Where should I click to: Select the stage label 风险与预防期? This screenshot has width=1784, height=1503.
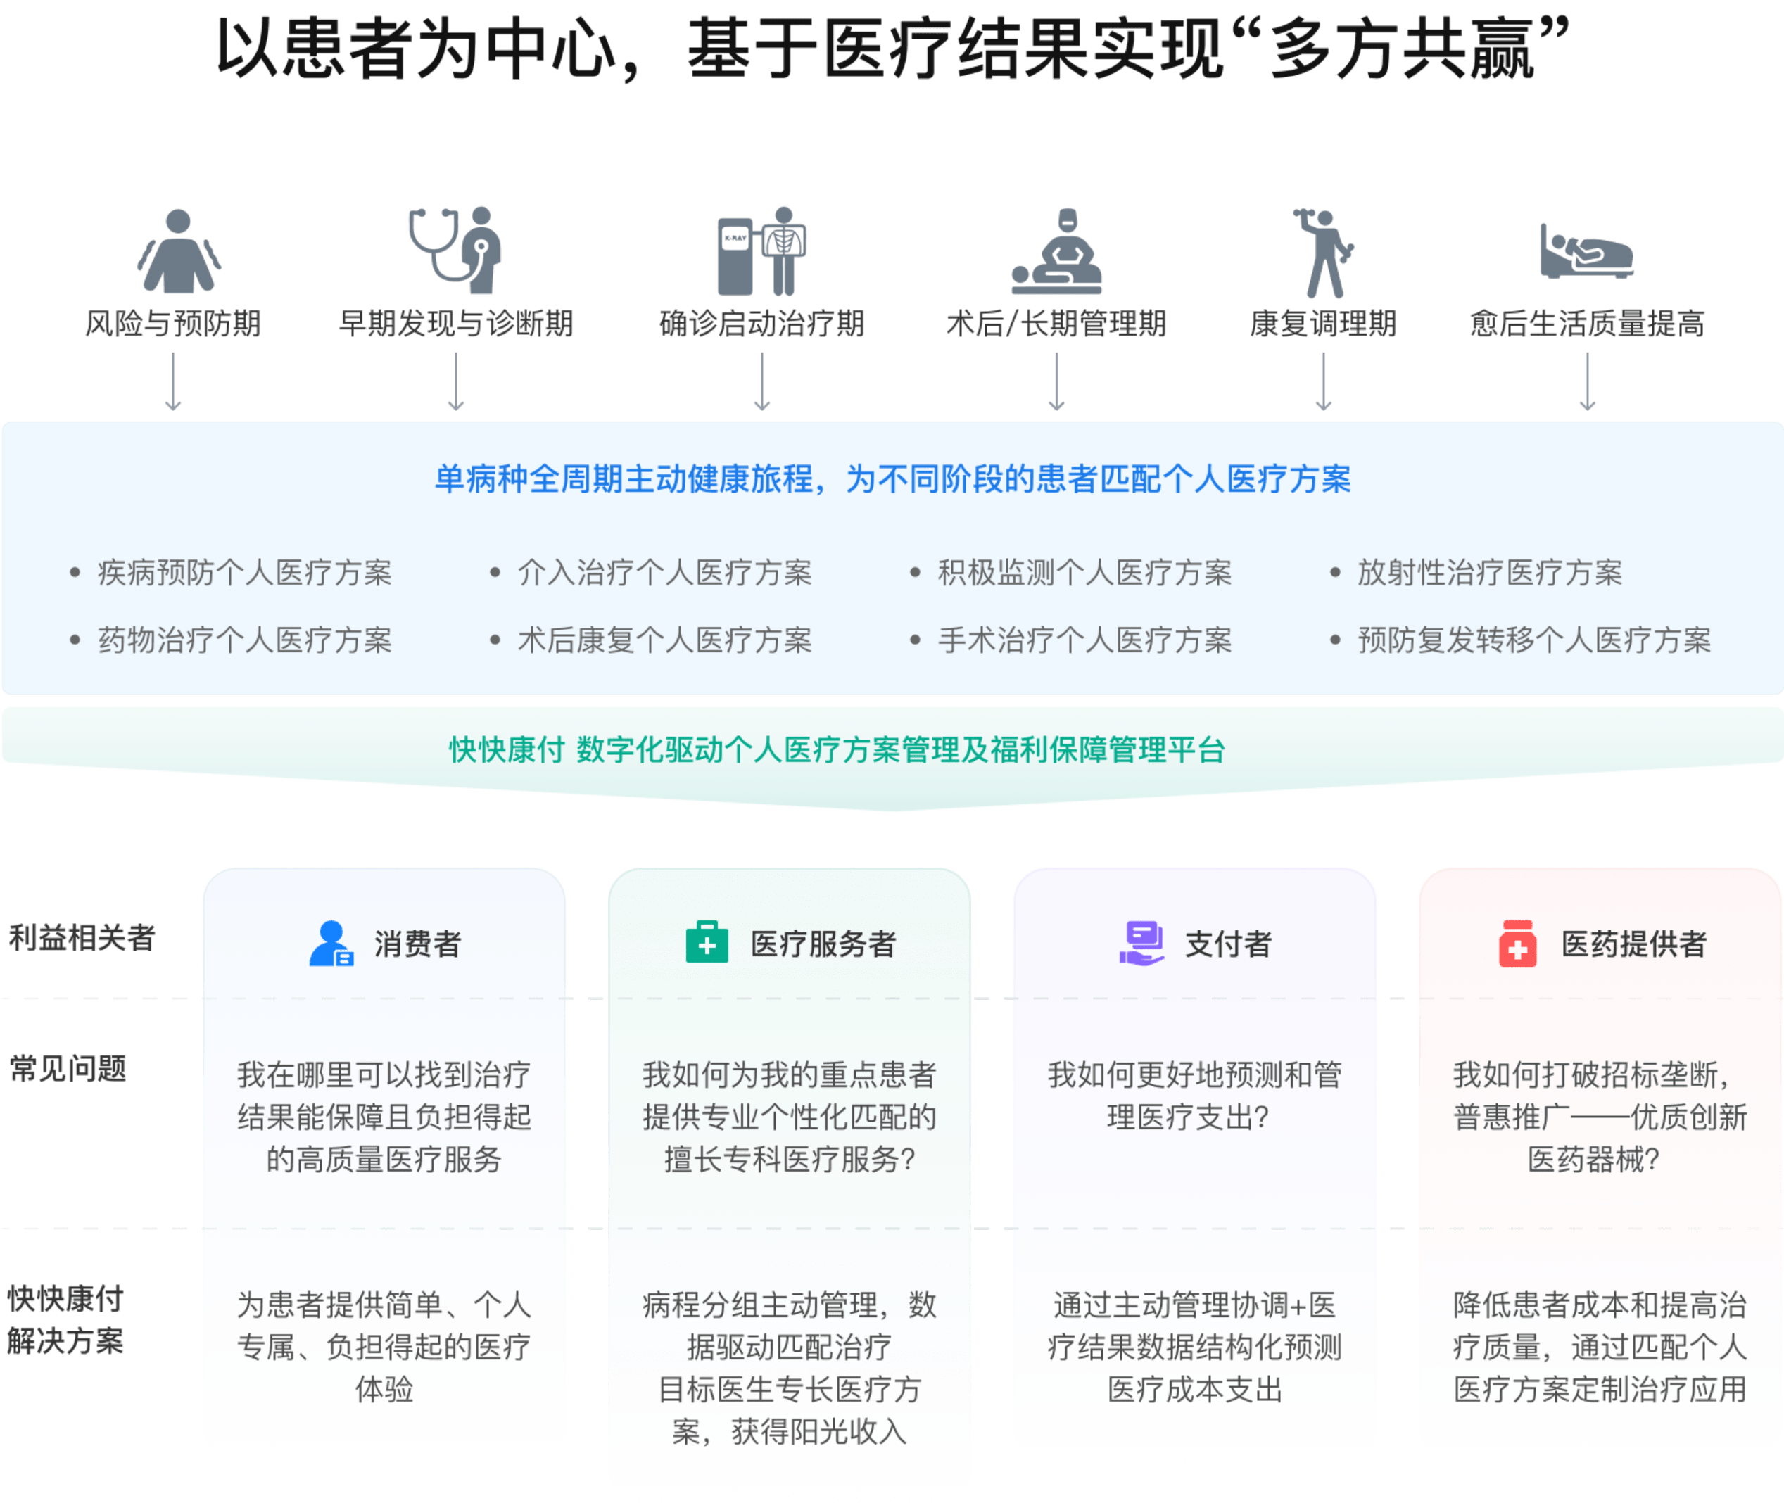(173, 324)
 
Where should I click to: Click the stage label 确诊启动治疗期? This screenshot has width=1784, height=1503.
(761, 324)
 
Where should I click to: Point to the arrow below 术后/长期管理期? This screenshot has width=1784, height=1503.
(1056, 383)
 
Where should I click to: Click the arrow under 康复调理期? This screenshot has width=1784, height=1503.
(1323, 383)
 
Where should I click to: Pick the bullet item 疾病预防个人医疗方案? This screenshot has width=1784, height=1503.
(244, 573)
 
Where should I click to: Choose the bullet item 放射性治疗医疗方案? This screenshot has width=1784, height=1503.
(1489, 573)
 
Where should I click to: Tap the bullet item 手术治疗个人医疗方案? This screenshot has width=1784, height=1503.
(1084, 640)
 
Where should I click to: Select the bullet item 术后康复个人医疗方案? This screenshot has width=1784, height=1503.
(664, 640)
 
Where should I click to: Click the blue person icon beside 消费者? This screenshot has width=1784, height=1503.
(331, 943)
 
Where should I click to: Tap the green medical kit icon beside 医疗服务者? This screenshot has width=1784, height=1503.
(707, 942)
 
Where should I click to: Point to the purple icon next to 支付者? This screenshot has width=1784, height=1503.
(1141, 943)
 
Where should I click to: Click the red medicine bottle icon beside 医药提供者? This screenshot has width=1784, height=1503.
(1517, 943)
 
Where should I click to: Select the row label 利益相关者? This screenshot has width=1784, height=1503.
(82, 938)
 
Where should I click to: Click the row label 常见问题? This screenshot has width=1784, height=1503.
(68, 1068)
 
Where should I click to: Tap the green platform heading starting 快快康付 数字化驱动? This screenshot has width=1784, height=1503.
(837, 750)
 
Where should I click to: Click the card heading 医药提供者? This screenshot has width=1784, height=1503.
(1634, 943)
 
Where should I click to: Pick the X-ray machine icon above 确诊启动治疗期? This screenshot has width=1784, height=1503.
(761, 251)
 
